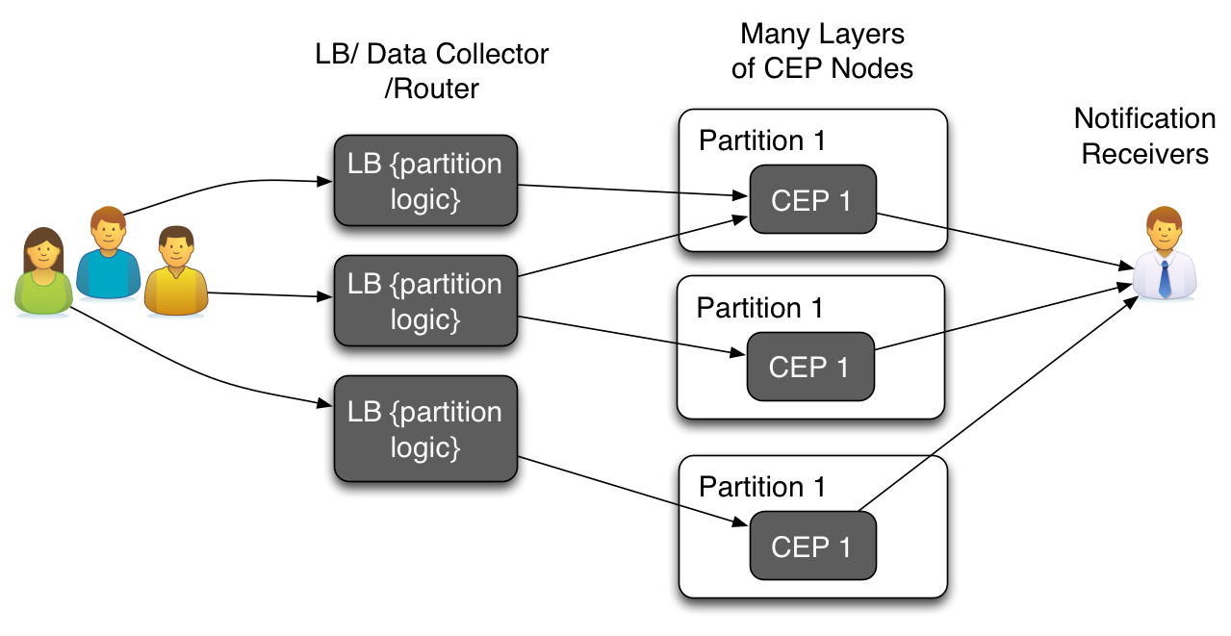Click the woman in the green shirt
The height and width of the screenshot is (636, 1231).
point(43,273)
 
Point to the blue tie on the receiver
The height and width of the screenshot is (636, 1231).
point(1165,278)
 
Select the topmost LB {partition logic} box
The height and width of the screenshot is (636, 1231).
point(424,180)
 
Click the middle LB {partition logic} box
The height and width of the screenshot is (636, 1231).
point(424,300)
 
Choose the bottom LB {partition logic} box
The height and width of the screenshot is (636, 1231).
point(424,428)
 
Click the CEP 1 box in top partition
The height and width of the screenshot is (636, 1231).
point(812,199)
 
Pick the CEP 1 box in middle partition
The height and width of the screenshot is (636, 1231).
point(810,367)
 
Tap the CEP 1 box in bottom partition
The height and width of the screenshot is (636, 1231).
point(812,546)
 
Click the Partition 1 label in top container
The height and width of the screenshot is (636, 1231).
point(761,140)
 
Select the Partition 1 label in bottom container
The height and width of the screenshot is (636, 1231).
point(761,487)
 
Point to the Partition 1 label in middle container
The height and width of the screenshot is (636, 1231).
point(759,308)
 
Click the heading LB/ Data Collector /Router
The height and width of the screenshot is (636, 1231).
point(431,70)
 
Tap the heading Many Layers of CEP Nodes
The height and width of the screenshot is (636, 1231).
point(822,51)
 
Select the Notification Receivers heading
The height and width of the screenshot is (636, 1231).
point(1144,136)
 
